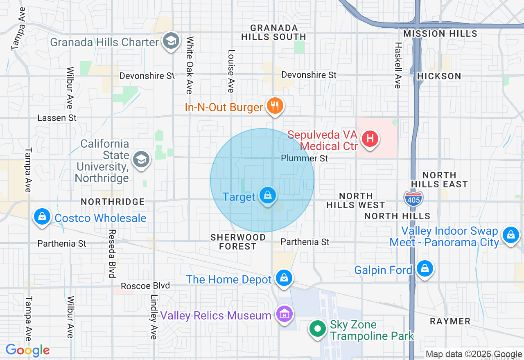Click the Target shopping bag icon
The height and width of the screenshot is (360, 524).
pos(267,196)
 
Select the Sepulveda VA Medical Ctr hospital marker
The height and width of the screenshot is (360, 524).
pos(370,138)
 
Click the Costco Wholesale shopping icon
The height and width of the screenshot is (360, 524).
pos(42,216)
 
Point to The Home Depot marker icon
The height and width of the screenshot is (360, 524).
pos(284,278)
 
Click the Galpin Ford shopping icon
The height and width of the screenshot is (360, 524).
pos(425,269)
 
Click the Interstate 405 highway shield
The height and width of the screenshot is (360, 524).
pos(413,198)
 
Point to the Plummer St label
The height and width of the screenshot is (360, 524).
pos(304,158)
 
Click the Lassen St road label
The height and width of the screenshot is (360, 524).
pos(57,118)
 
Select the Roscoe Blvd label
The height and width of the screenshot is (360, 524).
pos(145,286)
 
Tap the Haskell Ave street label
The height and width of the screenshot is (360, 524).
pos(397,65)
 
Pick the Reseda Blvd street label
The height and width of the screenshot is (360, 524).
pos(111,254)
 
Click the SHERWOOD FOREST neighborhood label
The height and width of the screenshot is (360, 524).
pos(238,242)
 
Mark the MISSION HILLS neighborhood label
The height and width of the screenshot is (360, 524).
pos(440,34)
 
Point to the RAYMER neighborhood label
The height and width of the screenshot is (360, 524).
pos(450,321)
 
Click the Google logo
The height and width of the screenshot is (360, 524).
pos(27,350)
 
